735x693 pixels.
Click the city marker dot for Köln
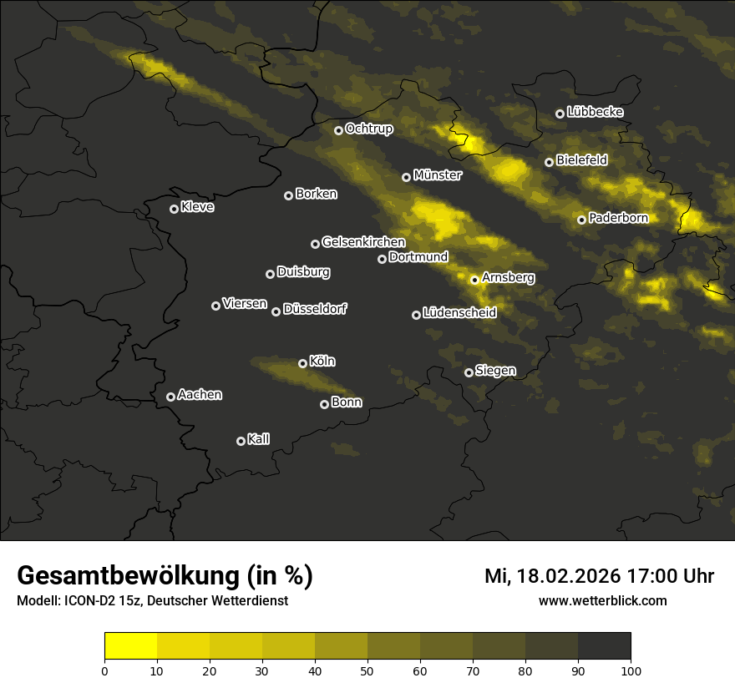click(302, 363)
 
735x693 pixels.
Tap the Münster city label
click(438, 175)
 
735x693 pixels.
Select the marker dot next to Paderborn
click(581, 220)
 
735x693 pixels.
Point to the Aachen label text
click(200, 395)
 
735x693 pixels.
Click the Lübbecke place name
click(595, 112)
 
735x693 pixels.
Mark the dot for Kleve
click(174, 209)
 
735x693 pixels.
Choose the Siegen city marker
click(469, 372)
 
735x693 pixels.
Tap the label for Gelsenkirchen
click(363, 242)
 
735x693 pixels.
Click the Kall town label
click(259, 439)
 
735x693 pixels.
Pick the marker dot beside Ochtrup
click(338, 130)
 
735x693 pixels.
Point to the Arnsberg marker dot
click(474, 280)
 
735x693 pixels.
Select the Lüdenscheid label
click(459, 313)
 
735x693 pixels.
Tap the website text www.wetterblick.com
click(603, 600)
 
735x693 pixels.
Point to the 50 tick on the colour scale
click(367, 670)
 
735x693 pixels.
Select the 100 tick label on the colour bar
click(631, 670)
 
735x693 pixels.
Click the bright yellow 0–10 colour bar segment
click(131, 646)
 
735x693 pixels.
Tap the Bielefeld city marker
click(549, 162)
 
